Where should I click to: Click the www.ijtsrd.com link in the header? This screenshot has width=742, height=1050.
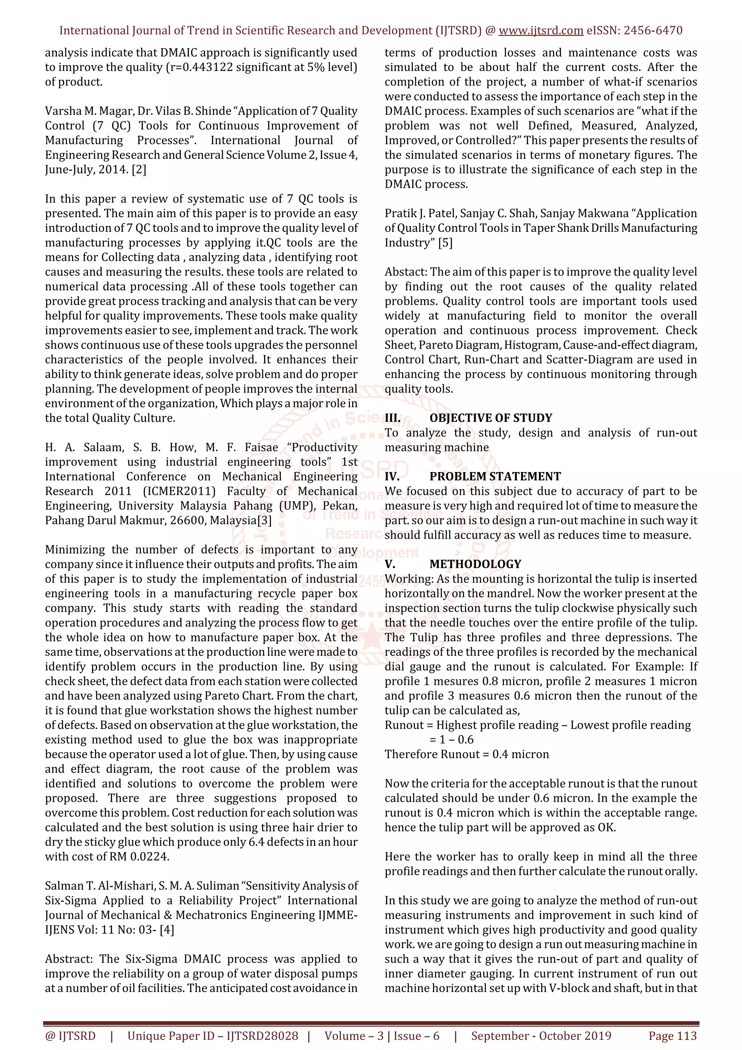[541, 31]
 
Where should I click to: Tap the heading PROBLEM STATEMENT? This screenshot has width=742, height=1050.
[495, 476]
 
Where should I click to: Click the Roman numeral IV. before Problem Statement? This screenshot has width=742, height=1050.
[392, 476]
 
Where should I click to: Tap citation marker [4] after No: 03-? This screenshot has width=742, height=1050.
[167, 930]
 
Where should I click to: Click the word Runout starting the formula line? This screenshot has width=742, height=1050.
[404, 725]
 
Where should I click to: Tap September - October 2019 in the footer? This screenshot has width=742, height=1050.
[541, 1036]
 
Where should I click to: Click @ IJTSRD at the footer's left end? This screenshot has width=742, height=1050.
[70, 1036]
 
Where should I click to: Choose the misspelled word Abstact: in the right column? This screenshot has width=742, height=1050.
[405, 272]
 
